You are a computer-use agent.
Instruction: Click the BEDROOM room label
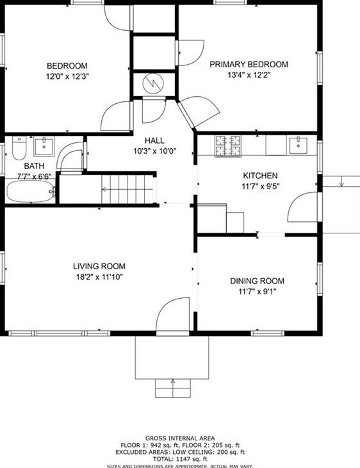67,65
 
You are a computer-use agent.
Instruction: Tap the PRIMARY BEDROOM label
249,64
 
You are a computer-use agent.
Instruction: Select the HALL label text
154,140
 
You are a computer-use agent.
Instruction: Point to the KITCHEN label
259,176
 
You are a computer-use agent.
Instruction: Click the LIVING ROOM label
99,266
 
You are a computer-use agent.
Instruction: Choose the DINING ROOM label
257,281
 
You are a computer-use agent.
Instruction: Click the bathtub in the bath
29,191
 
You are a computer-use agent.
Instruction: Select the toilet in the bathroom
18,149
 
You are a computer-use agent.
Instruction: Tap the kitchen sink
298,145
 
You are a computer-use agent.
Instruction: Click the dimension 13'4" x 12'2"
249,76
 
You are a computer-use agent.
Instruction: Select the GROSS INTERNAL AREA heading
180,437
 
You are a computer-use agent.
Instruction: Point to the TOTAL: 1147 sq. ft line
180,460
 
